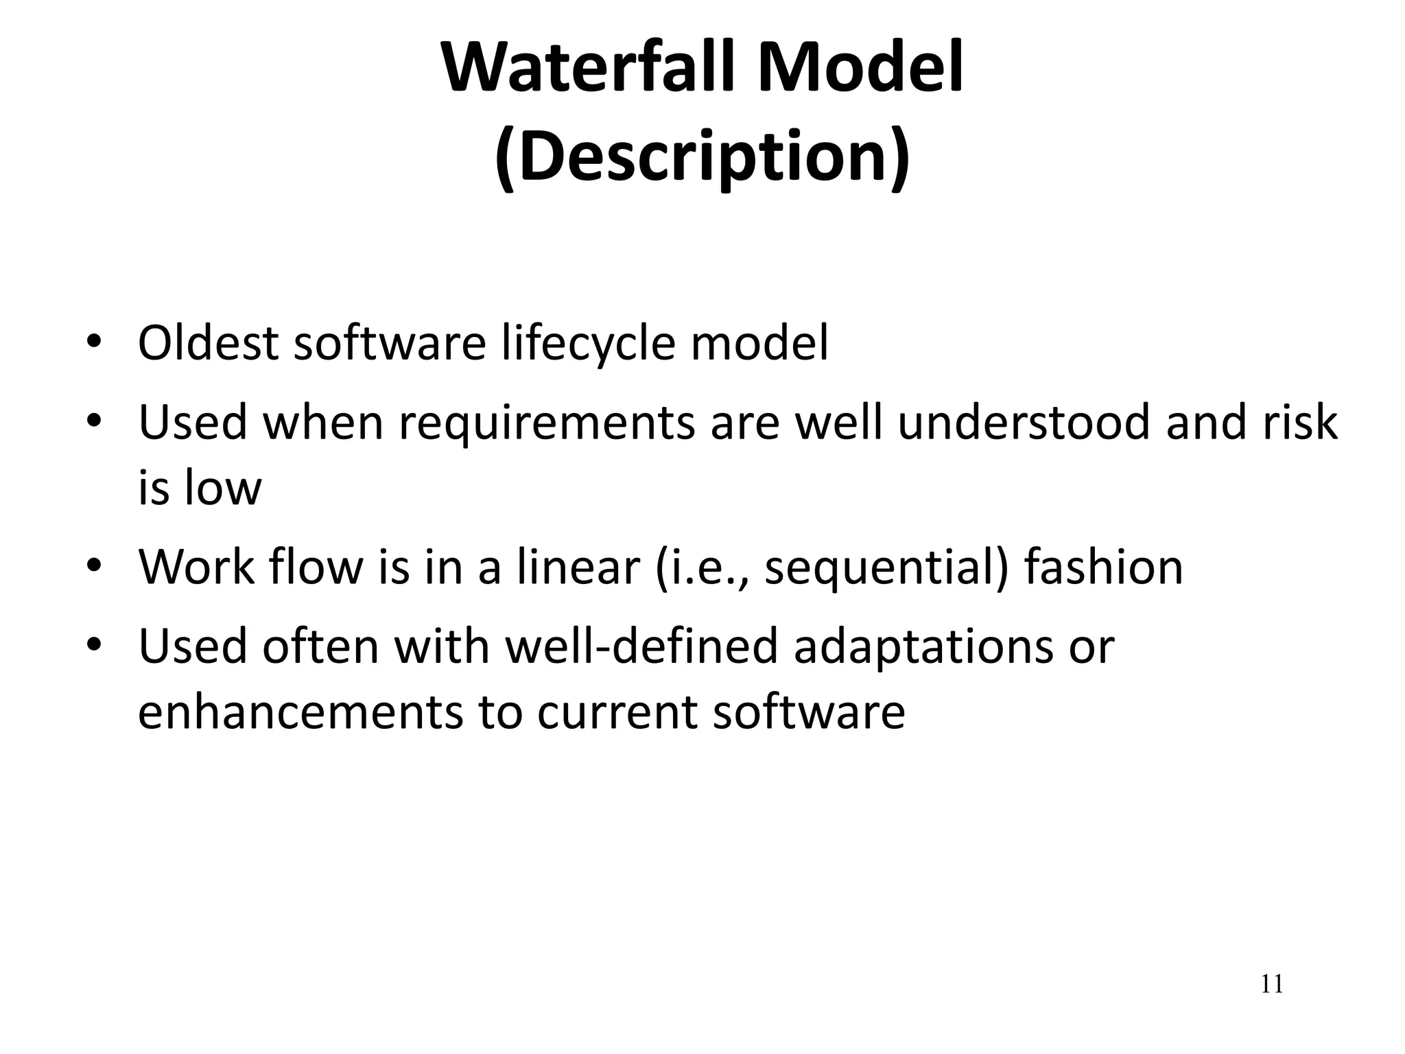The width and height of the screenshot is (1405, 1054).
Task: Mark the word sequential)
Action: coord(886,568)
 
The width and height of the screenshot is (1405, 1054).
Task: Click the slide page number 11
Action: coord(1271,985)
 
